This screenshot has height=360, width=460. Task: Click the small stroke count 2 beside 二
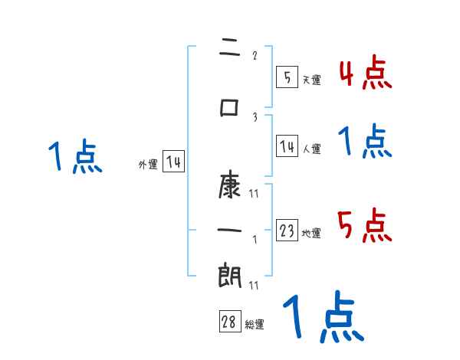coord(255,55)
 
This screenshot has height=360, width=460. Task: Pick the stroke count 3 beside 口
coord(255,117)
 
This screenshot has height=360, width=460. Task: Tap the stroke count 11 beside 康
coord(254,195)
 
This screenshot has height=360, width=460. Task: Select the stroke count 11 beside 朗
coord(254,285)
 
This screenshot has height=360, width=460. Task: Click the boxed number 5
coord(287,77)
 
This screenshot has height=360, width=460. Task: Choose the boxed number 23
coord(287,231)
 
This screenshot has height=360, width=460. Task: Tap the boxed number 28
coord(229,322)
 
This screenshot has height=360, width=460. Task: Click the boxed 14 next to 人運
coord(287,146)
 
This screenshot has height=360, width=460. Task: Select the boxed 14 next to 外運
coord(173,162)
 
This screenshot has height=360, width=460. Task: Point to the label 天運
coord(311,80)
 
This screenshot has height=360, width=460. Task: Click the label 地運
coord(311,234)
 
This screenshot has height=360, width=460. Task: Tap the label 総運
coord(255,325)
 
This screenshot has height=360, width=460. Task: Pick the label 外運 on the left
coord(147,164)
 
